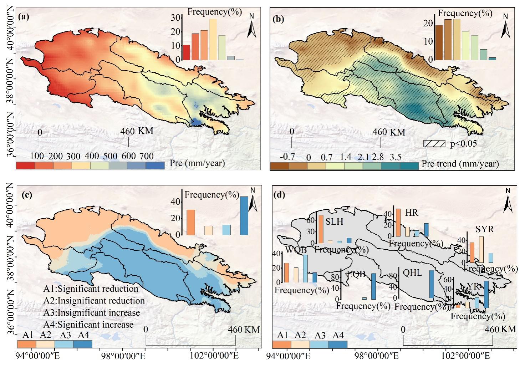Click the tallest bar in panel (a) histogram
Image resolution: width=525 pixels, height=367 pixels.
coord(213,39)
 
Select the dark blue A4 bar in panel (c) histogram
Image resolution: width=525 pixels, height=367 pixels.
coord(244,215)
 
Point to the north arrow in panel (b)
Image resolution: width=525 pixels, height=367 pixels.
coord(505,27)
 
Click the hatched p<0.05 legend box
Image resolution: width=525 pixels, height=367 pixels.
coord(434,143)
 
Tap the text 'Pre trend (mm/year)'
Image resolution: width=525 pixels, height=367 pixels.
coord(460,164)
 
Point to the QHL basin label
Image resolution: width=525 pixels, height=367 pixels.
coord(412,273)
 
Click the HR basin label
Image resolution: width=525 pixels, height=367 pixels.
coord(412,213)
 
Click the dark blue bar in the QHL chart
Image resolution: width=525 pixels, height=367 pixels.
coord(431,284)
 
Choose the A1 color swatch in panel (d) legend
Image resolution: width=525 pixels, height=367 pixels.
coord(282,345)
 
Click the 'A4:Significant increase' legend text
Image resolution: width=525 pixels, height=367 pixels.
coord(88,325)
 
